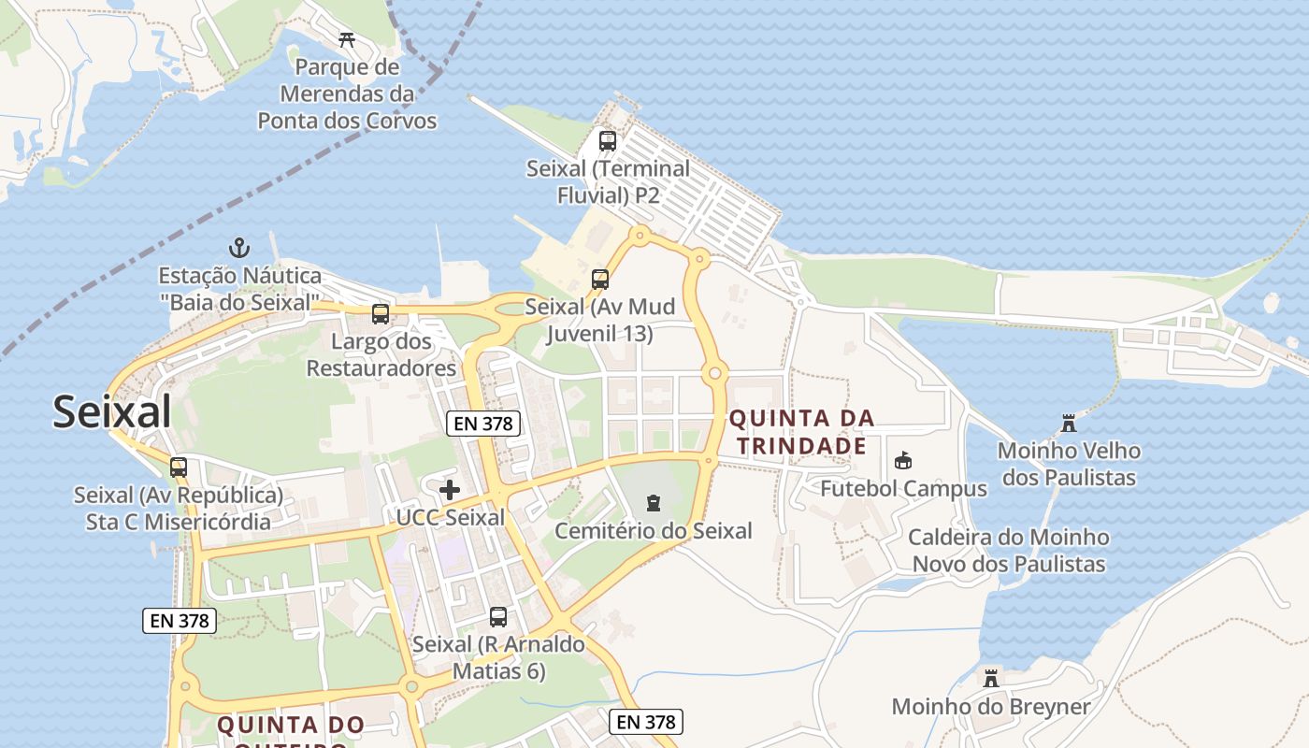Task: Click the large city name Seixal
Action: [x=112, y=411]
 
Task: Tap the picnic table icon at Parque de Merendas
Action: [x=347, y=39]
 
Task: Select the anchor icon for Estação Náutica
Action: [x=239, y=248]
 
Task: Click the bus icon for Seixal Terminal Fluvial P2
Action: [x=608, y=141]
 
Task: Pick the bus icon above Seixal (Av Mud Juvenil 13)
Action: [x=600, y=279]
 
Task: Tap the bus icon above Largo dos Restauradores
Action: [x=381, y=313]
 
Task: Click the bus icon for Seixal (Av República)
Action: [x=179, y=467]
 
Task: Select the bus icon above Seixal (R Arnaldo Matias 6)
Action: [x=498, y=617]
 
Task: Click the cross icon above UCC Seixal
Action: [x=450, y=489]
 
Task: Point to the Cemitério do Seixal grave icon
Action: [x=653, y=503]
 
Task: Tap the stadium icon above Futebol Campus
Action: [x=902, y=460]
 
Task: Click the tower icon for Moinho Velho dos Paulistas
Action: [x=1069, y=424]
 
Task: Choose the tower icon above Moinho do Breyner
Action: [x=991, y=678]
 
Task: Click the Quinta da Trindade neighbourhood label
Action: [x=802, y=432]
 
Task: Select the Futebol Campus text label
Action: [x=903, y=489]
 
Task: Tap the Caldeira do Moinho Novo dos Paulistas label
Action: [x=1009, y=551]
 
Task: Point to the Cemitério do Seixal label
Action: [x=654, y=531]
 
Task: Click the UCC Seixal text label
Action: [x=451, y=517]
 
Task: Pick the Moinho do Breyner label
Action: [x=991, y=707]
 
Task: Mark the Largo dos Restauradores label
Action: [x=381, y=354]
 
